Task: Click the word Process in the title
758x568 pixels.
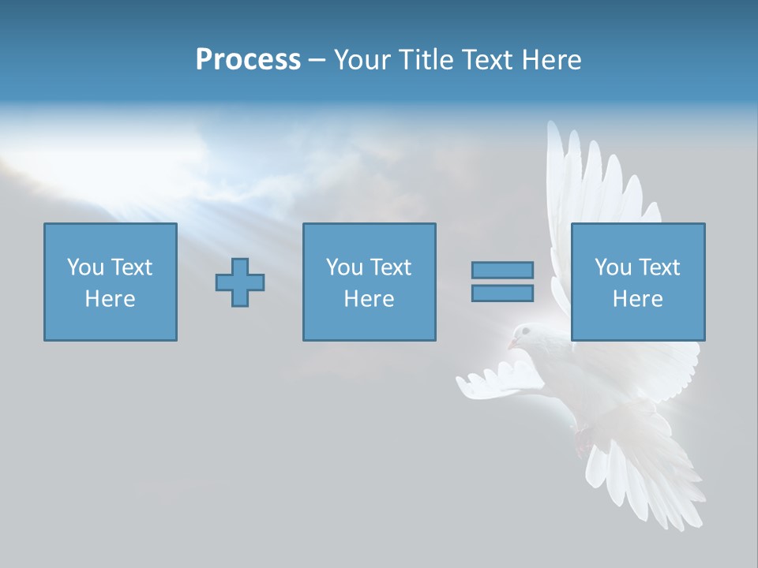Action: click(248, 60)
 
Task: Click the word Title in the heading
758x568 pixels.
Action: click(426, 60)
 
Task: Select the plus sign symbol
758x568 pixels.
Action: click(240, 282)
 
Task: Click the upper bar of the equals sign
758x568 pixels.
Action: click(502, 271)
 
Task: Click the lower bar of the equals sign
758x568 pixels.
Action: click(502, 293)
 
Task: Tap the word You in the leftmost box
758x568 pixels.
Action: click(84, 267)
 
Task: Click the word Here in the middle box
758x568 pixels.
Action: click(369, 299)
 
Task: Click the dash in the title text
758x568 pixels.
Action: click(317, 60)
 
